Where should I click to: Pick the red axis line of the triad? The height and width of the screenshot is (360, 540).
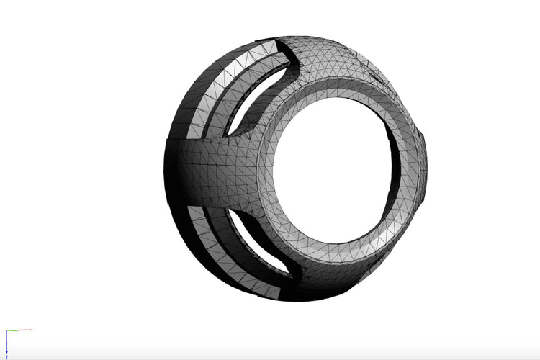(19, 330)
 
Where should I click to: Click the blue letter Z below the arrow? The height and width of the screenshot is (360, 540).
(6, 356)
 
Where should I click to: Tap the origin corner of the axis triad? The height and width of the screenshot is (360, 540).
(6, 330)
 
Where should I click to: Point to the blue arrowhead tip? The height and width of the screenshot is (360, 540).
(6, 351)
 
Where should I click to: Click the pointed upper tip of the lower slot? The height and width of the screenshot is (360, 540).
(230, 210)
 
